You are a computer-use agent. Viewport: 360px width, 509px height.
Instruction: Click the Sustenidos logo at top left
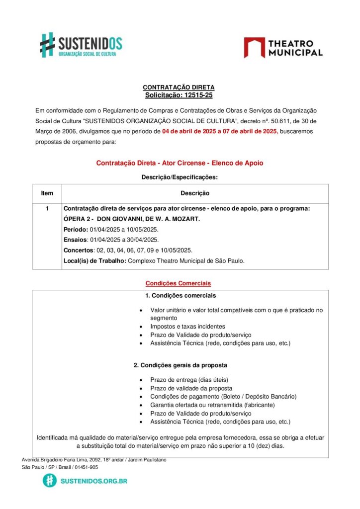click(81, 45)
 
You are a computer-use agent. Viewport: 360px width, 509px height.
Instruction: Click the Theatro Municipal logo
click(283, 48)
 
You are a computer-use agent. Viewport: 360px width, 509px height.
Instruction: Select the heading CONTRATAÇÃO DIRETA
click(179, 87)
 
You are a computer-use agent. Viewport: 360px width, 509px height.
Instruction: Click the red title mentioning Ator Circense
click(180, 163)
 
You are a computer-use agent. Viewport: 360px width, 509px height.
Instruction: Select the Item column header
click(47, 193)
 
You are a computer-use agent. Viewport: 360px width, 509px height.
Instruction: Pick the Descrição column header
click(194, 193)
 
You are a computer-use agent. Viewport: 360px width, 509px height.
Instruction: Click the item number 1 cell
click(47, 209)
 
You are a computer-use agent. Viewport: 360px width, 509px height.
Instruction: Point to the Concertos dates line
click(128, 250)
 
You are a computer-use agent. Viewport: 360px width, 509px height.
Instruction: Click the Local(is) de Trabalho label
click(95, 260)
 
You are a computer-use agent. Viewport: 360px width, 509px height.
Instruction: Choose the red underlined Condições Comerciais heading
click(178, 283)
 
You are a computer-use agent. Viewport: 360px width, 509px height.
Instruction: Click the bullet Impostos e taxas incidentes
click(187, 327)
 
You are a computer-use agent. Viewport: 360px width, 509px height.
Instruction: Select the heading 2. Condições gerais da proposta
click(180, 365)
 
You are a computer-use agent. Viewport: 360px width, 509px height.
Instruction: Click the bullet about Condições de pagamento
click(223, 397)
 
